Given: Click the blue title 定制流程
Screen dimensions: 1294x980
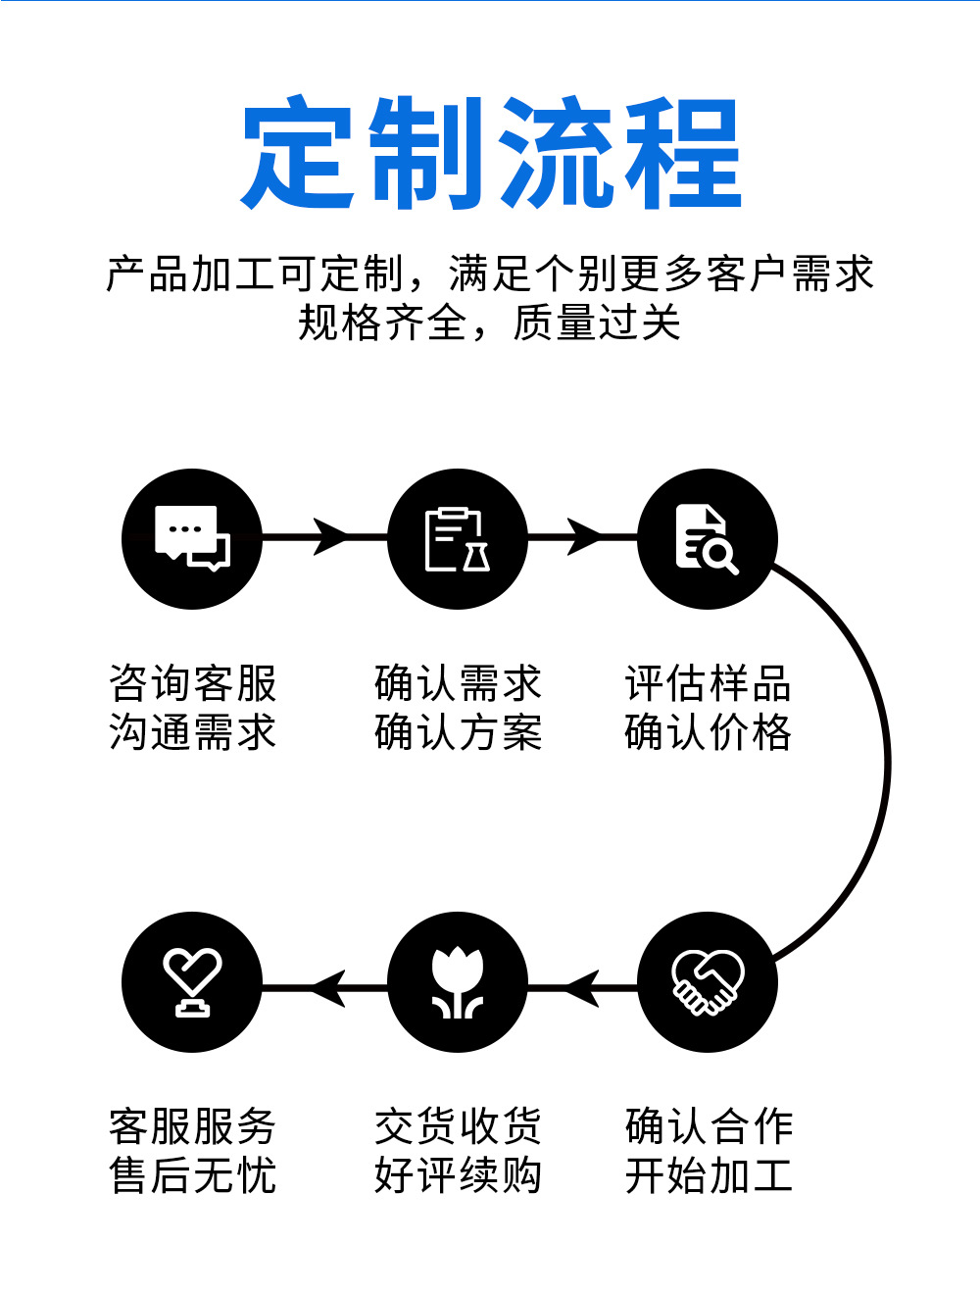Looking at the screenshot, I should [x=490, y=153].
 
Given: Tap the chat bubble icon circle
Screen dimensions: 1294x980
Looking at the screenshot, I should [x=192, y=538].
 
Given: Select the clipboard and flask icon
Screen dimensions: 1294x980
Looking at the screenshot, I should [x=458, y=538].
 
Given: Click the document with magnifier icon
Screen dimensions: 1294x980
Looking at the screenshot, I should [x=707, y=538].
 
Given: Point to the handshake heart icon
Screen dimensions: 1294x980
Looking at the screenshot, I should [x=707, y=982].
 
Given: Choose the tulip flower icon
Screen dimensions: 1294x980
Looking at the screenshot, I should [x=458, y=982].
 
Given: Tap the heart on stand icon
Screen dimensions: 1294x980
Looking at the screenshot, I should [x=192, y=982].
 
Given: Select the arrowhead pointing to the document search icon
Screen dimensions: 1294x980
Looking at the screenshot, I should [x=584, y=537].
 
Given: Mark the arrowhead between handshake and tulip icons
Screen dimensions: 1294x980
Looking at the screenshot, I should [x=582, y=987].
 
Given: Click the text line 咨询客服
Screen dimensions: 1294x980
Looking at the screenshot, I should [x=193, y=683].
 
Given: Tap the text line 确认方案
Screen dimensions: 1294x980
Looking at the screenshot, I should [x=458, y=732].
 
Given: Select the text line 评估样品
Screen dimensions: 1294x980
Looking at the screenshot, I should [x=708, y=683].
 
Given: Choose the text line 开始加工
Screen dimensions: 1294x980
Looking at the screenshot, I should [x=708, y=1175].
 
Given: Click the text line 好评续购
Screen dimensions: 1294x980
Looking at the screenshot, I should [x=458, y=1175].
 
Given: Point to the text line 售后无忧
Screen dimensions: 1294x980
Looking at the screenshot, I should [x=193, y=1175].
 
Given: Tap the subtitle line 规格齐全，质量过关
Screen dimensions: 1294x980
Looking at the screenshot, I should [x=490, y=323].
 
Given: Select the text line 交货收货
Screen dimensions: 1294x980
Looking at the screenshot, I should [x=458, y=1126].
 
